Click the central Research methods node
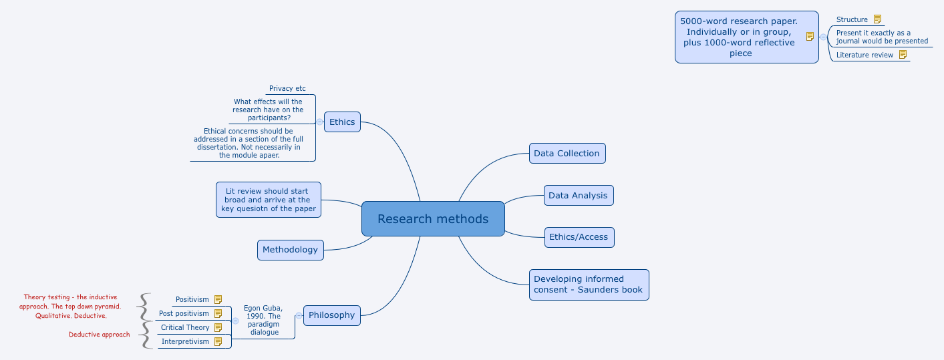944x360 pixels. [x=433, y=219]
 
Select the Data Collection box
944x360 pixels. [x=567, y=153]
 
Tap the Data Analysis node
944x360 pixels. [x=578, y=196]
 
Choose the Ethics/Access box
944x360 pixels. [x=579, y=237]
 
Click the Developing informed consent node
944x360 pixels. [x=589, y=285]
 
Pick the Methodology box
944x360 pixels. [x=290, y=250]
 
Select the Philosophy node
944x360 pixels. [x=331, y=315]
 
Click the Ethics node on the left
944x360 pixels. [x=342, y=122]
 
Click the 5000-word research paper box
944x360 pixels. [x=738, y=37]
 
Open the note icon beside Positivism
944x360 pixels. [x=218, y=300]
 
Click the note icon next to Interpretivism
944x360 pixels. [x=218, y=341]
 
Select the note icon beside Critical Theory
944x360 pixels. [x=218, y=327]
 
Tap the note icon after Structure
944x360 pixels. [x=877, y=19]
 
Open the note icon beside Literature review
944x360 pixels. [x=903, y=55]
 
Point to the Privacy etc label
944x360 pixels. [x=287, y=88]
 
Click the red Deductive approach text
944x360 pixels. [x=100, y=335]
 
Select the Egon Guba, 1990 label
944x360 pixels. [x=263, y=320]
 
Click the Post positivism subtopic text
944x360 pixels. [x=184, y=313]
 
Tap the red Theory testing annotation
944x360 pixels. [x=70, y=306]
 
